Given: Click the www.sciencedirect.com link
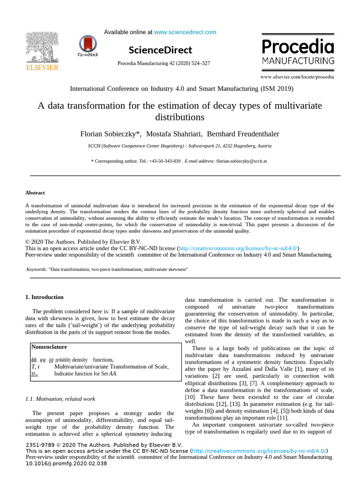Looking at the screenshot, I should [x=185, y=32].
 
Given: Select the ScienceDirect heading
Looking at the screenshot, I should [x=160, y=50].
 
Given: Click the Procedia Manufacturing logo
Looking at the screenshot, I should [x=298, y=52].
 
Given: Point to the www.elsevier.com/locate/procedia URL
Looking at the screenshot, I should [x=297, y=76].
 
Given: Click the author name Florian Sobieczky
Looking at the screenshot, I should [x=110, y=134].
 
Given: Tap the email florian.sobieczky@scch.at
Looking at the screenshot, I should [x=241, y=161].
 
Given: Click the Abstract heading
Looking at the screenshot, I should [x=35, y=193].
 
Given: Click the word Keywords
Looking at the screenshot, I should [x=36, y=270].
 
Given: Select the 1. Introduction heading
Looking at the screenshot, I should [x=44, y=297].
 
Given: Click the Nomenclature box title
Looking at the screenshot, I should [x=49, y=347].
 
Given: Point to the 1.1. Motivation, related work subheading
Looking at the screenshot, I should [x=60, y=399].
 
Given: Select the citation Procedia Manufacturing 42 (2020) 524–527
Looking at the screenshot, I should [x=163, y=63].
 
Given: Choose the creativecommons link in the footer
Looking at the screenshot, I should [x=259, y=451].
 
